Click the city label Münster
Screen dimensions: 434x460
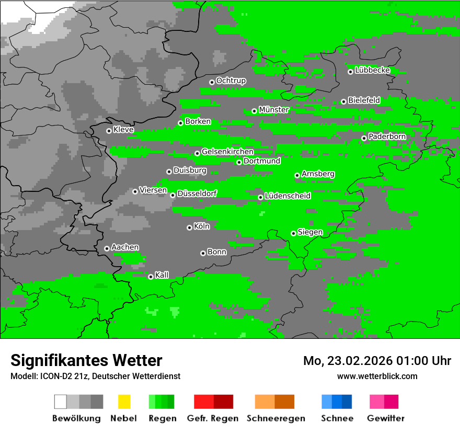coord(274,110)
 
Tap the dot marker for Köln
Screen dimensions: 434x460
coord(189,227)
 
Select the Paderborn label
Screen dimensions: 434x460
coord(387,136)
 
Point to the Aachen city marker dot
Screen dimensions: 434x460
coord(107,248)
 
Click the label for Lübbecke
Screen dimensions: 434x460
coord(372,70)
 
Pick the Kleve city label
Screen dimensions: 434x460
coord(123,130)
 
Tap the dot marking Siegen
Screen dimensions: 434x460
coord(293,233)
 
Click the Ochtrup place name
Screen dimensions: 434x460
coord(231,81)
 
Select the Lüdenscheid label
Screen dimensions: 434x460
coord(287,196)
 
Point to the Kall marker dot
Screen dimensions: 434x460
coord(151,277)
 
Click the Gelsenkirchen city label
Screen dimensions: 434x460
coord(227,152)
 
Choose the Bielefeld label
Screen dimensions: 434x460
coord(364,100)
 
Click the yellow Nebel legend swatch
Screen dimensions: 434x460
coord(124,402)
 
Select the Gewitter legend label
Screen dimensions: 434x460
coord(385,418)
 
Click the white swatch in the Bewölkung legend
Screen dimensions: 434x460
coord(61,402)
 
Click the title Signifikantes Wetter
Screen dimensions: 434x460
coord(86,360)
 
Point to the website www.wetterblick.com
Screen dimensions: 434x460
coord(377,376)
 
